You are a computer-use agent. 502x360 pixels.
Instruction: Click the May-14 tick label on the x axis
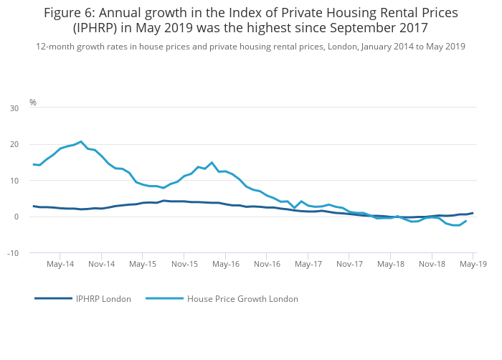coord(60,264)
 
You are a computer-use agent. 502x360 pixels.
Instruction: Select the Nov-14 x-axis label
coord(102,264)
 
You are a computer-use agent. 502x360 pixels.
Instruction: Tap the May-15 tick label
coord(143,264)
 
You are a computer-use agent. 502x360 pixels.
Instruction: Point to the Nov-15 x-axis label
coord(184,264)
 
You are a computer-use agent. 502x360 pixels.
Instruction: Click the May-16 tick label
coord(225,264)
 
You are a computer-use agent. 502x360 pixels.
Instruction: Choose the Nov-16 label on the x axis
coord(267,264)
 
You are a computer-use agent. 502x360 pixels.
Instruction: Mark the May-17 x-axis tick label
coord(308,264)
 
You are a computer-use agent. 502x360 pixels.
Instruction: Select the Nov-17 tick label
coord(349,264)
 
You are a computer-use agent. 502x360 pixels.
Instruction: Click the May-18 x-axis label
coord(390,264)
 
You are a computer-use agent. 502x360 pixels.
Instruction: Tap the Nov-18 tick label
coord(432,264)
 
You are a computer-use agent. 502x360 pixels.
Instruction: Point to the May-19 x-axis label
coord(473,264)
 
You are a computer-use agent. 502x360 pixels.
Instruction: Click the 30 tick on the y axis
coord(14,108)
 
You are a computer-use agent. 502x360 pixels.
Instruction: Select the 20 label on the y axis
coord(14,145)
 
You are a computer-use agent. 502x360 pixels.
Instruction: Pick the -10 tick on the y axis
coord(13,253)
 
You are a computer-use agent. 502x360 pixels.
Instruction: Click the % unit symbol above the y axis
coord(32,103)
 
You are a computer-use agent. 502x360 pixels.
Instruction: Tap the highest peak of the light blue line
coord(81,141)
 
